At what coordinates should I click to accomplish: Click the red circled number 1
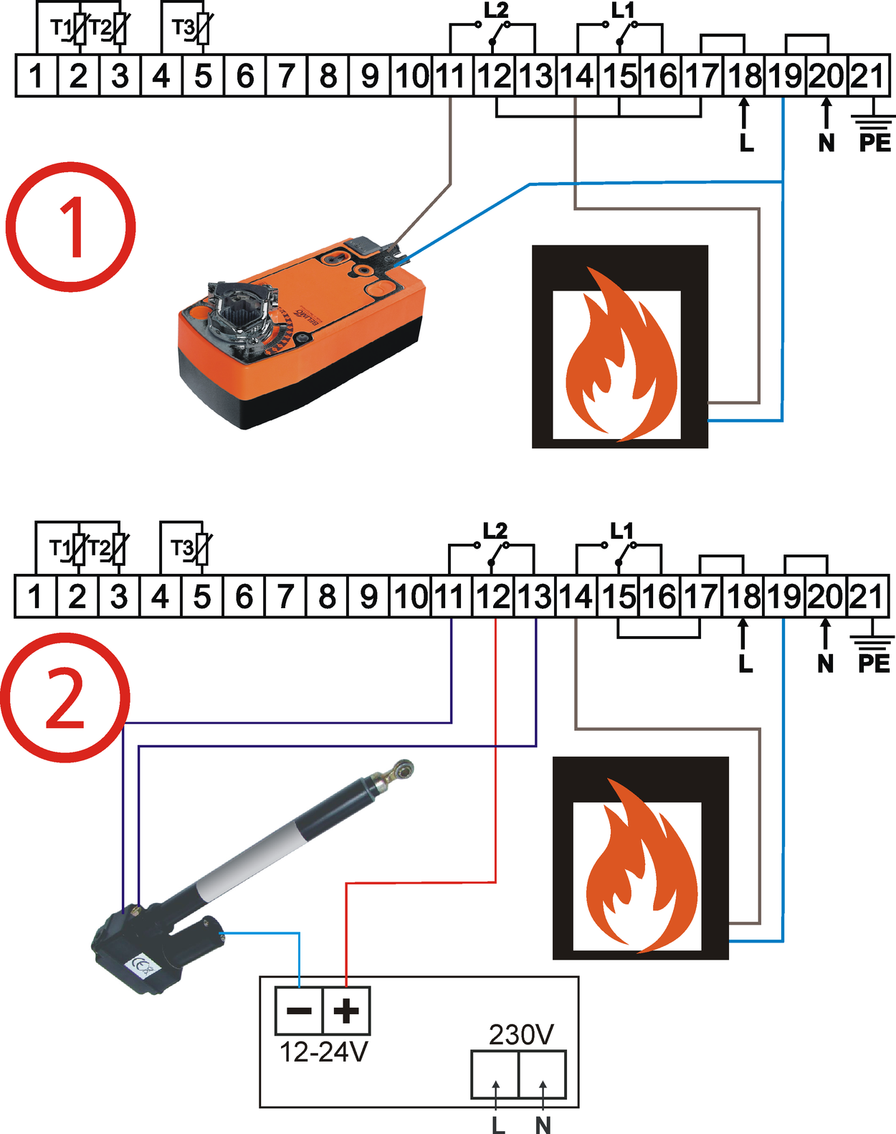(x=70, y=227)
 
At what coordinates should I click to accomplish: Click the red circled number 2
(x=65, y=697)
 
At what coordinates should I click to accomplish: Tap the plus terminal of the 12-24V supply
(x=346, y=1011)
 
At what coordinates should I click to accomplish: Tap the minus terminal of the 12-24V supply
(x=299, y=1011)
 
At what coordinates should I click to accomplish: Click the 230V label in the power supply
(x=521, y=1035)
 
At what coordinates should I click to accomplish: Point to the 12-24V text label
(x=323, y=1052)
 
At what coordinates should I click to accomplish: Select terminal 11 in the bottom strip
(x=451, y=596)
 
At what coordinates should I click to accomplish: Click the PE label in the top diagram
(x=874, y=143)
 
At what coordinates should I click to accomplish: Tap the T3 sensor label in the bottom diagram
(x=182, y=549)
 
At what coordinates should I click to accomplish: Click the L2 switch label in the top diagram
(x=496, y=11)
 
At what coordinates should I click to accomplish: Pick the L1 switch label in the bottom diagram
(x=622, y=531)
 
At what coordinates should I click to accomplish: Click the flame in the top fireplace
(x=620, y=355)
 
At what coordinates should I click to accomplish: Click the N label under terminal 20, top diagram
(x=826, y=143)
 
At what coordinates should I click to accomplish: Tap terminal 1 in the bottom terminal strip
(x=34, y=596)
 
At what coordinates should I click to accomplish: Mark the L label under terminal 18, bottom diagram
(x=745, y=664)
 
